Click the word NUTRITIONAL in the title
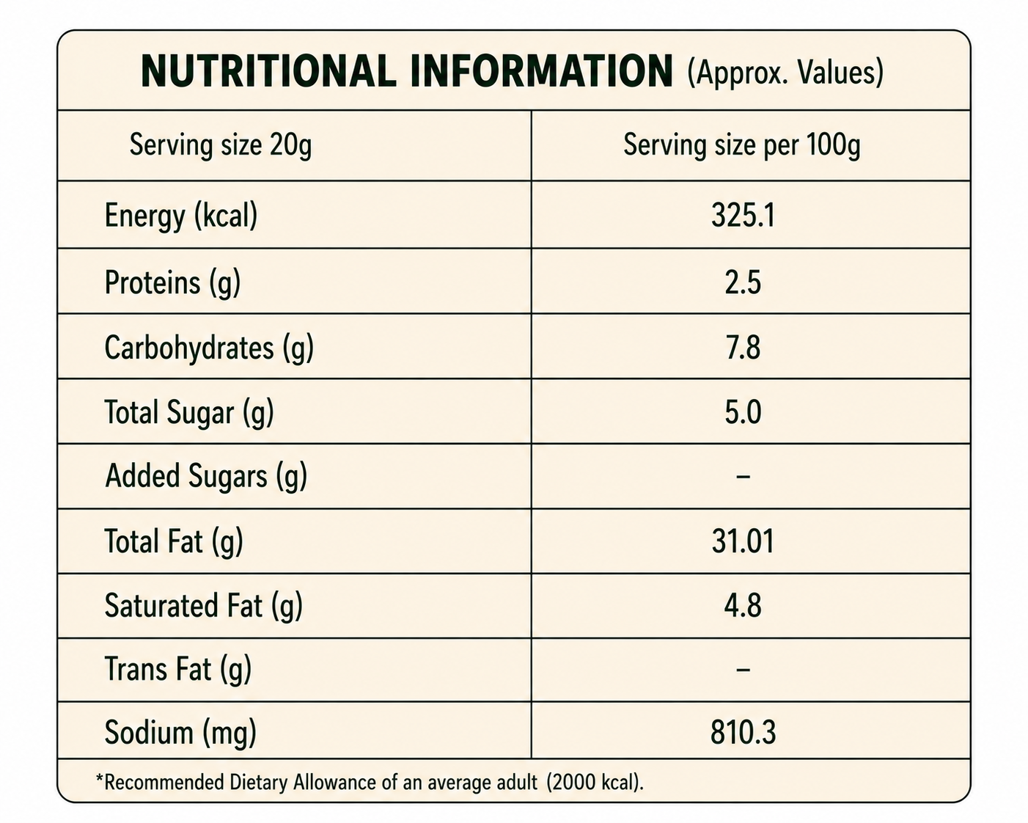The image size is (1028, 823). [268, 72]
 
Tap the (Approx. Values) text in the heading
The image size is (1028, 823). [785, 73]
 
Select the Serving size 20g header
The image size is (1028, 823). [220, 145]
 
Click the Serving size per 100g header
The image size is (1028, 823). [742, 145]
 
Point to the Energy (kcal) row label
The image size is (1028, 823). [181, 216]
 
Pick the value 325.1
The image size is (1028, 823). [743, 216]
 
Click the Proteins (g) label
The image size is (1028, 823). [172, 282]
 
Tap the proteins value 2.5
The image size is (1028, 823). [743, 282]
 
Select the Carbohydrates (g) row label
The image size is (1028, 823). [209, 348]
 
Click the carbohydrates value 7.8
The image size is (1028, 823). [743, 348]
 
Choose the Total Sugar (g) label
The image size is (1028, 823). [189, 412]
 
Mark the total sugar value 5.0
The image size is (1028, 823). [743, 412]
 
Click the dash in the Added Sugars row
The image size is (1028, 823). [743, 477]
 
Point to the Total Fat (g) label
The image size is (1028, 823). [174, 541]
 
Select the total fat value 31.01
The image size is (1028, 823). [743, 541]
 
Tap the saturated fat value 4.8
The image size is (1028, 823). [743, 606]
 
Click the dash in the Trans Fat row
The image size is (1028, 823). [743, 670]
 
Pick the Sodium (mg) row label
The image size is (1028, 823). [180, 733]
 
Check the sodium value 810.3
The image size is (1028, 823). [743, 733]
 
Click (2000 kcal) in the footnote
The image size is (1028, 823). [595, 783]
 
